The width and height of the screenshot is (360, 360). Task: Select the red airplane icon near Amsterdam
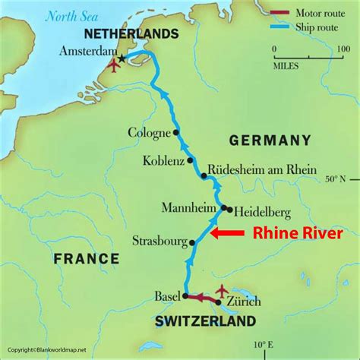click(114, 66)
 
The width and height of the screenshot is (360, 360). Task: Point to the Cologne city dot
click(176, 131)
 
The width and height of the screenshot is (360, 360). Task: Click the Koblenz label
click(163, 161)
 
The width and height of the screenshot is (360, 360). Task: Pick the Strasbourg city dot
click(192, 243)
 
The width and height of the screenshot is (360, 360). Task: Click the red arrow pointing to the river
click(227, 233)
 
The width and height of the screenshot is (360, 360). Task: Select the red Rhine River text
click(298, 233)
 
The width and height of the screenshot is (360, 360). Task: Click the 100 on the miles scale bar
click(343, 49)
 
